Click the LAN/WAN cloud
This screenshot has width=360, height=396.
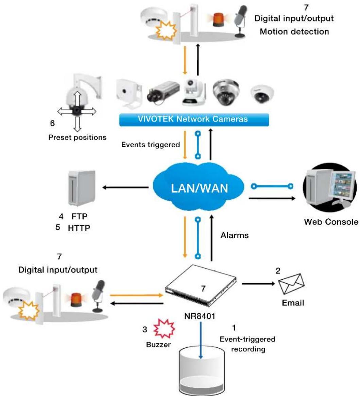(x=199, y=187)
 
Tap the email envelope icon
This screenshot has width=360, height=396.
(x=291, y=284)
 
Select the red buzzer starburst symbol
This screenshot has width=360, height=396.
(x=164, y=328)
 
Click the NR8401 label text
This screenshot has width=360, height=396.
(x=200, y=316)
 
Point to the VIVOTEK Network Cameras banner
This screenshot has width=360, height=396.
(x=194, y=119)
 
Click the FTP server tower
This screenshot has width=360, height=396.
(x=82, y=188)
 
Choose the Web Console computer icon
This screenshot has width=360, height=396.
(x=330, y=187)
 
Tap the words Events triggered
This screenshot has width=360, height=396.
(x=151, y=145)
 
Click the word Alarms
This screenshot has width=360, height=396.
(x=235, y=235)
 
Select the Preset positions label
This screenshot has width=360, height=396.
(x=77, y=137)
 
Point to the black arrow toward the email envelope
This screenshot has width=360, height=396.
(x=258, y=284)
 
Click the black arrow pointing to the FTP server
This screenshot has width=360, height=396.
(x=125, y=187)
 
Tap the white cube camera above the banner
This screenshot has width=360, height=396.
(x=128, y=94)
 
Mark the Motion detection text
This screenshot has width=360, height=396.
(x=294, y=32)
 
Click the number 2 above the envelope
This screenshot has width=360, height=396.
(x=278, y=271)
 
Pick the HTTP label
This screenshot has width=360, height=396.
(x=79, y=228)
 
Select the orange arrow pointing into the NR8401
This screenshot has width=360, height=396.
(x=136, y=295)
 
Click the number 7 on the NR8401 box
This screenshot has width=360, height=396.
(x=203, y=288)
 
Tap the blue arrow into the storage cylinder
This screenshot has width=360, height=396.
(x=201, y=340)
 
